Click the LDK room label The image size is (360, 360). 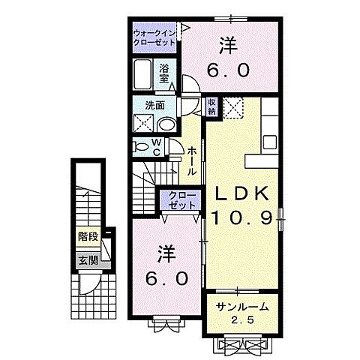(242, 194)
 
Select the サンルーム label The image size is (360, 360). (242, 308)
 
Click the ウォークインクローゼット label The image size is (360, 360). (155, 39)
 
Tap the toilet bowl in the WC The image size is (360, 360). (142, 145)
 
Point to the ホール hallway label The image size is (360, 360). (193, 158)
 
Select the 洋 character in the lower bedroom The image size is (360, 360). (167, 254)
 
